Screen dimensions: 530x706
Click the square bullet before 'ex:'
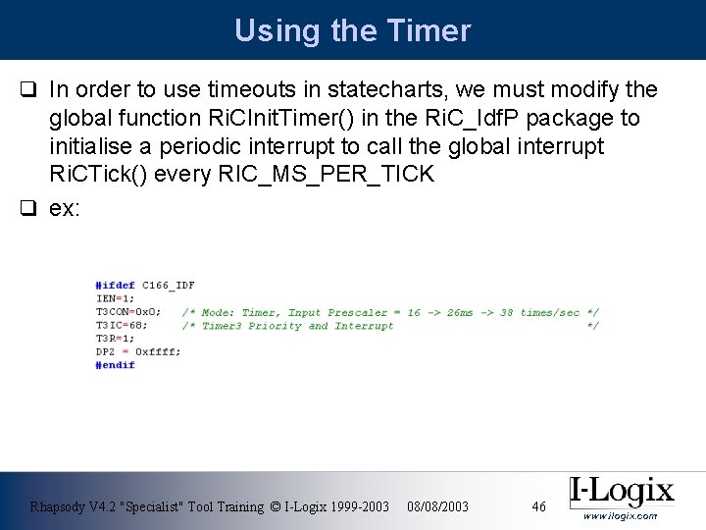tap(29, 210)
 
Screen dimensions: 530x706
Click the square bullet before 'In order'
tap(29, 91)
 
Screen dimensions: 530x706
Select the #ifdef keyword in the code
tap(115, 286)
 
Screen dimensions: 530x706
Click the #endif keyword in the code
tap(115, 365)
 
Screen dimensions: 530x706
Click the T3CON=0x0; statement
tap(128, 312)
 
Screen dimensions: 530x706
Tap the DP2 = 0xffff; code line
tap(137, 351)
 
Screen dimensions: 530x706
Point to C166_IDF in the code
tap(169, 286)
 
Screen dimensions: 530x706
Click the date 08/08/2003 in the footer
tap(437, 506)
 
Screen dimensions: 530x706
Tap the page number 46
tap(538, 506)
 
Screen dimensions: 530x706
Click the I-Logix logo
tap(622, 491)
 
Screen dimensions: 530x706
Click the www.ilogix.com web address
tap(620, 516)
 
